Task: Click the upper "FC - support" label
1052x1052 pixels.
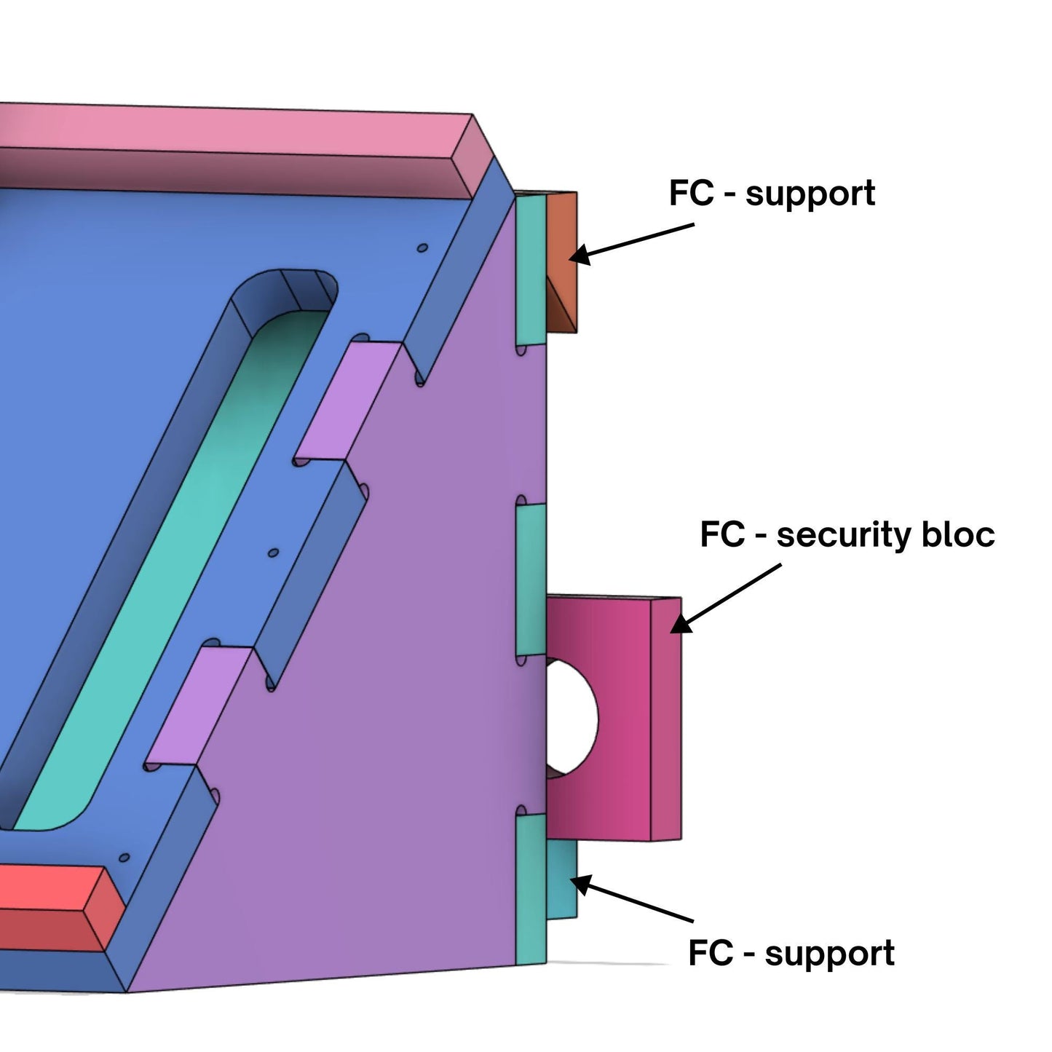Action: click(x=772, y=194)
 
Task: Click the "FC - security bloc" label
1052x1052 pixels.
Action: click(x=847, y=535)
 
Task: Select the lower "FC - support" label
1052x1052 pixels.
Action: click(x=791, y=953)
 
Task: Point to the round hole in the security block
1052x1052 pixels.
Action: click(x=572, y=717)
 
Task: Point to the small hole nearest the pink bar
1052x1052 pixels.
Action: click(x=422, y=248)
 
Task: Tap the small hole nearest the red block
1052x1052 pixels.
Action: click(x=124, y=858)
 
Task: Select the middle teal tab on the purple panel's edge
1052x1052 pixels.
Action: click(x=531, y=579)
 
